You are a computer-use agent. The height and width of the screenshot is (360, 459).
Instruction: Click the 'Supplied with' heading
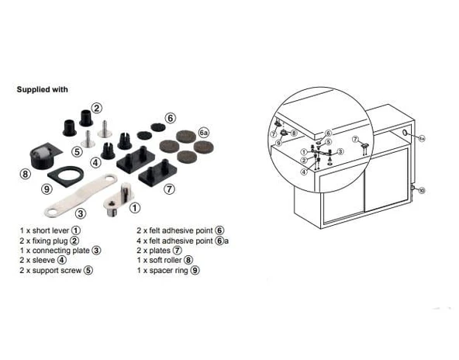[x=43, y=89]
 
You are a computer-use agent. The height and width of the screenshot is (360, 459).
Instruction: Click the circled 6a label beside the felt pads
[x=205, y=133]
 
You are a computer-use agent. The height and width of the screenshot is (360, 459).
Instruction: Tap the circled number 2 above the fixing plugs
[x=96, y=108]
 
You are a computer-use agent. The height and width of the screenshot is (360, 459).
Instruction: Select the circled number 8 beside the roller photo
[x=26, y=175]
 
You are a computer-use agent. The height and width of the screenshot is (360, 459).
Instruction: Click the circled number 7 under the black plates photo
[x=169, y=188]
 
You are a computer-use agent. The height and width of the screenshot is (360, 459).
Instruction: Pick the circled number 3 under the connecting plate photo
[x=80, y=212]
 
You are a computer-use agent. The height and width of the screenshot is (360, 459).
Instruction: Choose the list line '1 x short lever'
[x=49, y=230]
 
